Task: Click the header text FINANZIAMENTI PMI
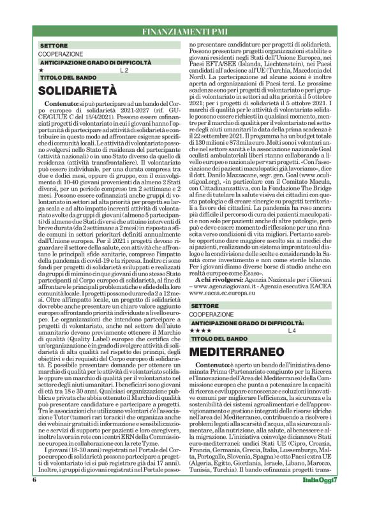(185, 30)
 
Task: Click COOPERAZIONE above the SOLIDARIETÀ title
(61, 54)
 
